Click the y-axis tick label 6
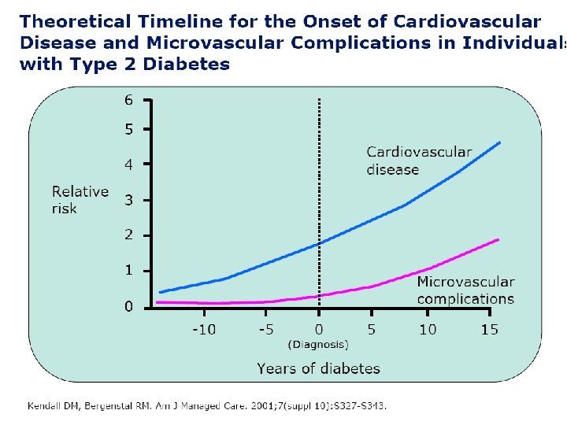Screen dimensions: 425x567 [x=128, y=100]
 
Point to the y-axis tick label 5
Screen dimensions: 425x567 [x=128, y=129]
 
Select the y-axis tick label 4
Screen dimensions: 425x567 [x=128, y=164]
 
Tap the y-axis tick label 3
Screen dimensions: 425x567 [x=128, y=200]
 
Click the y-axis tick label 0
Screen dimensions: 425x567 [x=128, y=307]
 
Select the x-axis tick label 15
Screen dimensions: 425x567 [x=490, y=329]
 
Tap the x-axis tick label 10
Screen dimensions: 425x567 [x=428, y=329]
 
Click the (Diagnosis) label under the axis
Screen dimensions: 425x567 [x=318, y=344]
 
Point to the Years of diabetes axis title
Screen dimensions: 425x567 [x=318, y=368]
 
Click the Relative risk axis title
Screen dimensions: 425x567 [x=80, y=200]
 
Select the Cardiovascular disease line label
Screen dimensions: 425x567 [x=419, y=161]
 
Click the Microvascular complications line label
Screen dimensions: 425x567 [x=465, y=290]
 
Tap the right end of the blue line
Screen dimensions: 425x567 [x=500, y=142]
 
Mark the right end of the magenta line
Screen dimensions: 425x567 [x=498, y=239]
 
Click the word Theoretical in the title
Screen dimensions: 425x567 [x=68, y=21]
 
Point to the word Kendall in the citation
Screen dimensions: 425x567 [x=46, y=406]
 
